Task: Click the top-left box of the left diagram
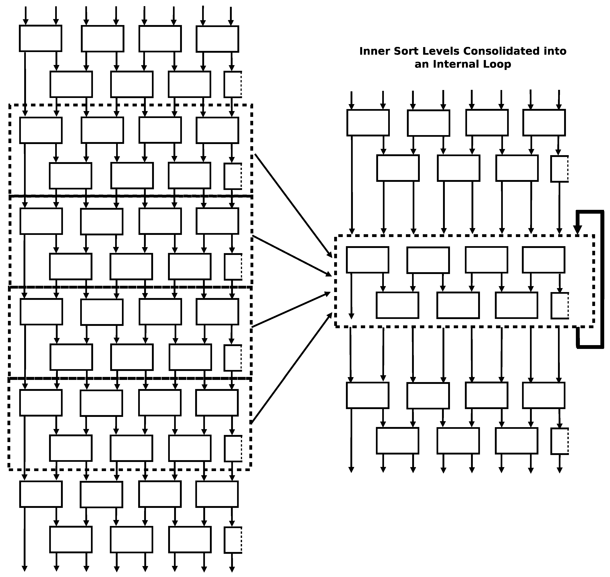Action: (x=41, y=38)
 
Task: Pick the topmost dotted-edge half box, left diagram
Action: (x=233, y=84)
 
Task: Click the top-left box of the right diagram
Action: (x=368, y=123)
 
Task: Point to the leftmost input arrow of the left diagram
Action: (x=26, y=15)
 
